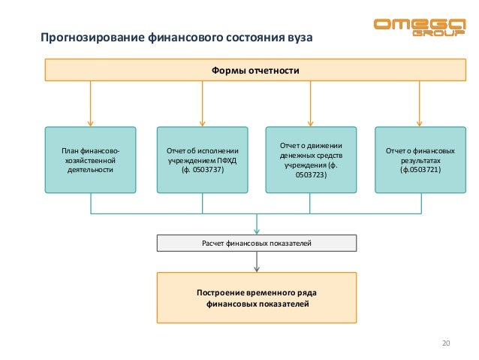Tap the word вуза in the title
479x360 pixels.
pyautogui.click(x=296, y=38)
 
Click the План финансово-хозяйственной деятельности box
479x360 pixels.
pyautogui.click(x=90, y=161)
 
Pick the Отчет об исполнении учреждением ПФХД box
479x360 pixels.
pyautogui.click(x=201, y=161)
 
